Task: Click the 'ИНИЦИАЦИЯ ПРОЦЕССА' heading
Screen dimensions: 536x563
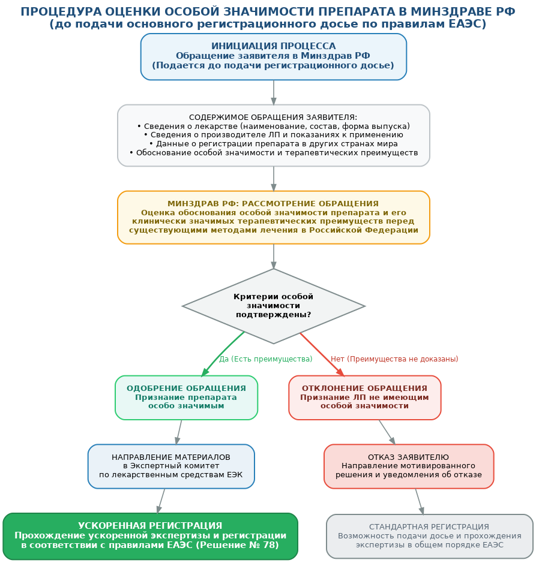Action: (x=274, y=46)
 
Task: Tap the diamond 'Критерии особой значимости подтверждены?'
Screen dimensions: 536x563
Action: (x=274, y=306)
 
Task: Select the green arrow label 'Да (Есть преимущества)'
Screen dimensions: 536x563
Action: (x=266, y=359)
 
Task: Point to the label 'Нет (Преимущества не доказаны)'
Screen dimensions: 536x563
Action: (x=394, y=359)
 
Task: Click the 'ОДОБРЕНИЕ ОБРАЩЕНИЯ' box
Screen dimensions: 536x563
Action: (x=186, y=398)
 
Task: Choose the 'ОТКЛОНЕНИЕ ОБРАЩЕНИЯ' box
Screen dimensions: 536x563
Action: (x=364, y=398)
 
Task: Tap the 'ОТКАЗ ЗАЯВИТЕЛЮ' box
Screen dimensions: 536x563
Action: (x=409, y=466)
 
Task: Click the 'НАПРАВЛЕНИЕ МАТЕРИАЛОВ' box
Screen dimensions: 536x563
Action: (x=171, y=466)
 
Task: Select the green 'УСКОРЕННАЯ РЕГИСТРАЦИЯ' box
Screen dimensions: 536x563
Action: (x=150, y=535)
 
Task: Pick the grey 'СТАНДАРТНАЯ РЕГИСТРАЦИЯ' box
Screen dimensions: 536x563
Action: (x=430, y=535)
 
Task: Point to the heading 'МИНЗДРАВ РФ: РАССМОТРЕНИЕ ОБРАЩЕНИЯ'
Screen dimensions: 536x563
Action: (x=273, y=204)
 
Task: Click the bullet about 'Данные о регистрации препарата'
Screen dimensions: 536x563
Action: (x=274, y=144)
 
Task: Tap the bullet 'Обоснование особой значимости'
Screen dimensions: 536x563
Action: (x=274, y=153)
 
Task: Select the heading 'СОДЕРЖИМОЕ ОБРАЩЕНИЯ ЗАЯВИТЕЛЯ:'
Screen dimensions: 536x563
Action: (x=273, y=118)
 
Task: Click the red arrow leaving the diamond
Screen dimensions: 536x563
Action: (x=322, y=355)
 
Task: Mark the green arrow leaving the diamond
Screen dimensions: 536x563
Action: (x=223, y=354)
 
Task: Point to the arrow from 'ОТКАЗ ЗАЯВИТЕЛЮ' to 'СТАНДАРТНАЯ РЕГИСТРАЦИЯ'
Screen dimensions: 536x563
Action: (x=420, y=502)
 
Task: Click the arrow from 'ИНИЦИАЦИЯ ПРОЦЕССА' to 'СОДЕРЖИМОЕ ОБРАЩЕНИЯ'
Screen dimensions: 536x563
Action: (x=274, y=93)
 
